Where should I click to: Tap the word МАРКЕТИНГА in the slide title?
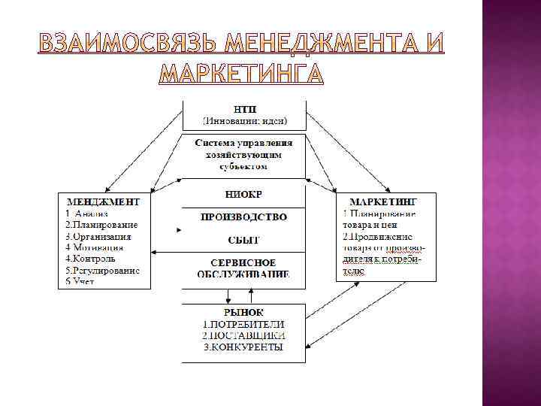[243, 74]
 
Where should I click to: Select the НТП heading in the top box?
[244, 108]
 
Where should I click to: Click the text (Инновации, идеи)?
[244, 120]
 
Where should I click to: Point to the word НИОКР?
[243, 194]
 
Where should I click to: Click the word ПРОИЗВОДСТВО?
[243, 217]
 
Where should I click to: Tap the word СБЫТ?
[243, 240]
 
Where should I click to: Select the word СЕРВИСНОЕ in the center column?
[243, 262]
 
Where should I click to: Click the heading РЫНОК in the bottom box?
[243, 311]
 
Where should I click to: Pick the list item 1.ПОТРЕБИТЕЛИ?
[243, 323]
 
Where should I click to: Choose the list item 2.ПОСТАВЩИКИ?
[243, 335]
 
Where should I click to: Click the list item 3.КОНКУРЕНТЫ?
[243, 347]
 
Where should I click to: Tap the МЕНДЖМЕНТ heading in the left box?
[104, 201]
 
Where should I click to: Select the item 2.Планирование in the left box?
[101, 225]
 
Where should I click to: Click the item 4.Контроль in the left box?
[90, 258]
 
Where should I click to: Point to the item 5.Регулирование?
[102, 269]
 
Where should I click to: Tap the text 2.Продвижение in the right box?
[377, 235]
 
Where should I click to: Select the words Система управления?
[243, 142]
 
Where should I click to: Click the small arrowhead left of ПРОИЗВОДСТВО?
[178, 229]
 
